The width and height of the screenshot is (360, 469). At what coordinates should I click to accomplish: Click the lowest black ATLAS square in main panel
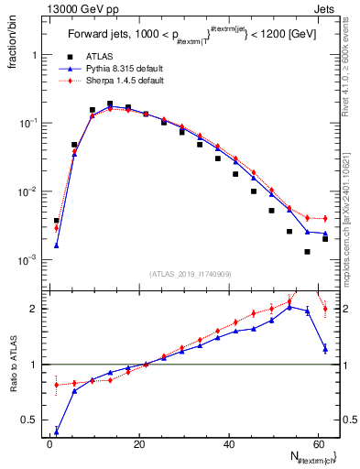pyautogui.click(x=308, y=252)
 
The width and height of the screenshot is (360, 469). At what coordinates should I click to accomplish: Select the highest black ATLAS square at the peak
pyautogui.click(x=110, y=104)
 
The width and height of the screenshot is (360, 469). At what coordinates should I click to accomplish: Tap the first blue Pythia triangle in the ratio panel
pyautogui.click(x=57, y=432)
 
